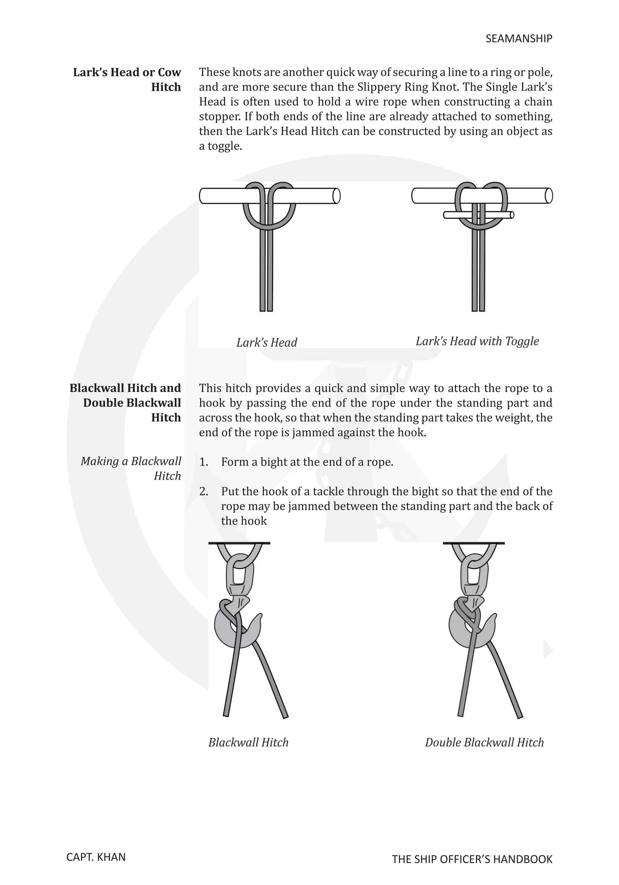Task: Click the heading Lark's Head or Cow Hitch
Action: pos(127,80)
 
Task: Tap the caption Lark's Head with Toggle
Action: pos(477,341)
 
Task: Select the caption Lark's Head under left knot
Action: pos(267,342)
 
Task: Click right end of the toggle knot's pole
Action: pos(549,196)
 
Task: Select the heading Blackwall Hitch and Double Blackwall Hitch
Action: pos(125,402)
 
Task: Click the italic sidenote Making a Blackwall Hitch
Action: pos(131,468)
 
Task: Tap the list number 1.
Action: pos(203,462)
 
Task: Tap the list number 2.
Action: pos(203,491)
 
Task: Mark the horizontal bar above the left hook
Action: pos(239,543)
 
